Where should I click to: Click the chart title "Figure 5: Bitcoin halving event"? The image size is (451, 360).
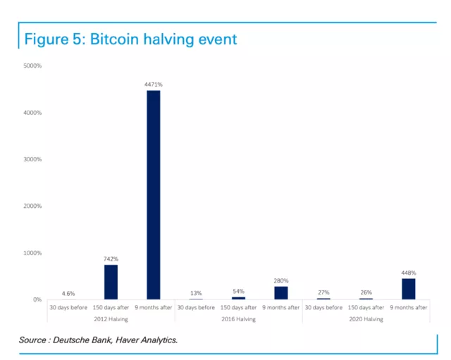pyautogui.click(x=131, y=39)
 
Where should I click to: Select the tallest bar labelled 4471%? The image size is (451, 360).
pyautogui.click(x=153, y=194)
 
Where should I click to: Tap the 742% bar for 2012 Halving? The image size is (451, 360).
pyautogui.click(x=111, y=282)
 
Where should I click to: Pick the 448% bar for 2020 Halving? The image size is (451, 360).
pyautogui.click(x=409, y=289)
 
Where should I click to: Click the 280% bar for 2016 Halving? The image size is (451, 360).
pyautogui.click(x=281, y=292)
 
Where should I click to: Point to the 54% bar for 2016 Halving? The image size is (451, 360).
pyautogui.click(x=238, y=298)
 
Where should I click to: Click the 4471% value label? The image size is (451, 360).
pyautogui.click(x=153, y=85)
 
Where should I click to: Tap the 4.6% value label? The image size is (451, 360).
pyautogui.click(x=68, y=293)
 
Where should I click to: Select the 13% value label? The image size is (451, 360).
pyautogui.click(x=196, y=293)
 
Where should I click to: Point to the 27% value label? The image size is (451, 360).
pyautogui.click(x=323, y=292)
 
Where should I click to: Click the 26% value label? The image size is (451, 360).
pyautogui.click(x=366, y=292)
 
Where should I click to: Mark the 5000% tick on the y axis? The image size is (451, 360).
pyautogui.click(x=32, y=66)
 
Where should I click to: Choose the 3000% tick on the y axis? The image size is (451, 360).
pyautogui.click(x=32, y=159)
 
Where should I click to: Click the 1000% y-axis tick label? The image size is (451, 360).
pyautogui.click(x=32, y=253)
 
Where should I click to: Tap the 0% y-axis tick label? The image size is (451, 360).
pyautogui.click(x=37, y=299)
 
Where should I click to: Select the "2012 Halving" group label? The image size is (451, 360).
pyautogui.click(x=111, y=319)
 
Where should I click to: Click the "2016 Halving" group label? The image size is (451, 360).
pyautogui.click(x=238, y=319)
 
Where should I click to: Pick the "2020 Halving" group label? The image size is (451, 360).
pyautogui.click(x=366, y=319)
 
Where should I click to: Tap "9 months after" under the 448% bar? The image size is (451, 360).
pyautogui.click(x=409, y=307)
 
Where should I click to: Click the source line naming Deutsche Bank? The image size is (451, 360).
pyautogui.click(x=98, y=340)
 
